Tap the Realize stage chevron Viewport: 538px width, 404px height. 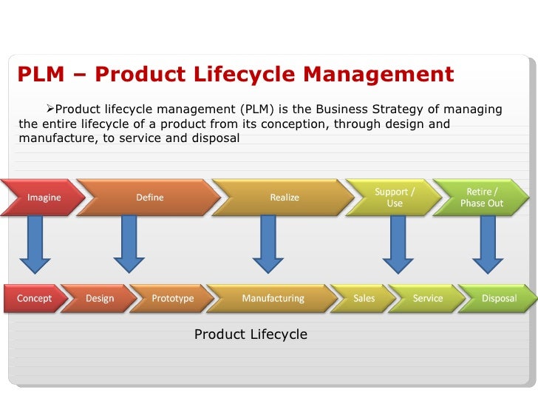285,198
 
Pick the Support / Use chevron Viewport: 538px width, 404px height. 395,198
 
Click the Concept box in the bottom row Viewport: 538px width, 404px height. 34,298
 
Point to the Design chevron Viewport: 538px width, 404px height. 100,298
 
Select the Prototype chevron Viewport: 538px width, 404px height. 172,298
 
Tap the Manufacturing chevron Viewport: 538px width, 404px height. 273,298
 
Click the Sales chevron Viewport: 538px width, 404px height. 364,298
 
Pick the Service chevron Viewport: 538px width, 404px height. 427,298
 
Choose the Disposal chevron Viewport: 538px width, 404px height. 499,298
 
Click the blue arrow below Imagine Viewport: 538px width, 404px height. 35,243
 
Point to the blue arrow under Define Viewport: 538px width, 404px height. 129,243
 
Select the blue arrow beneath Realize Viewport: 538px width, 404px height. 268,243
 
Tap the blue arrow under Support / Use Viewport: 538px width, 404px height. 398,243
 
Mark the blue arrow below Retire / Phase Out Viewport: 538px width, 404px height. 488,243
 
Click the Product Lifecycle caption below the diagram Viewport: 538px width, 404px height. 251,335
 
